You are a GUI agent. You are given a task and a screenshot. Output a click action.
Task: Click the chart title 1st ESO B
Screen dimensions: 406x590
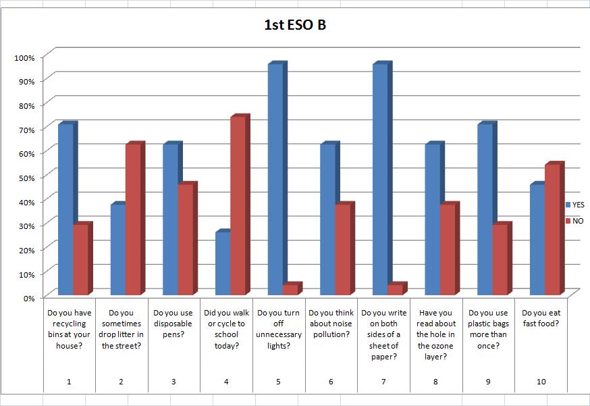(x=295, y=26)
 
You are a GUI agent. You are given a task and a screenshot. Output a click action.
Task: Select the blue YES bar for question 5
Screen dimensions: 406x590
(x=275, y=180)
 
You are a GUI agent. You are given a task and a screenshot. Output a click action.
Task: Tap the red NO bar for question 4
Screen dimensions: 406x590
(x=238, y=206)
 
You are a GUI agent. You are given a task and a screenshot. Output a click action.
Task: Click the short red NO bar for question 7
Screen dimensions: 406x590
(x=395, y=290)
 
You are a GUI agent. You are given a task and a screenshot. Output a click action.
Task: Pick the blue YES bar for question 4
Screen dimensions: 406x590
(x=222, y=263)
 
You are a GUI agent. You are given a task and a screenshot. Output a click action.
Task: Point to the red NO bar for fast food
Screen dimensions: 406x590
(x=552, y=230)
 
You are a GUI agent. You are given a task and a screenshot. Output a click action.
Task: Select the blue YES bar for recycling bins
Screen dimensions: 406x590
(x=65, y=209)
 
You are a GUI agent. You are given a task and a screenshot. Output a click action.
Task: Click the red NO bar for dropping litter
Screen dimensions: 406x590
(x=133, y=220)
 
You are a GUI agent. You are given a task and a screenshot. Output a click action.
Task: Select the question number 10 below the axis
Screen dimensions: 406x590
(x=541, y=382)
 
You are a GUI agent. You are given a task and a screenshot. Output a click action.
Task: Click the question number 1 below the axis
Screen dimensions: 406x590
(x=69, y=382)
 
